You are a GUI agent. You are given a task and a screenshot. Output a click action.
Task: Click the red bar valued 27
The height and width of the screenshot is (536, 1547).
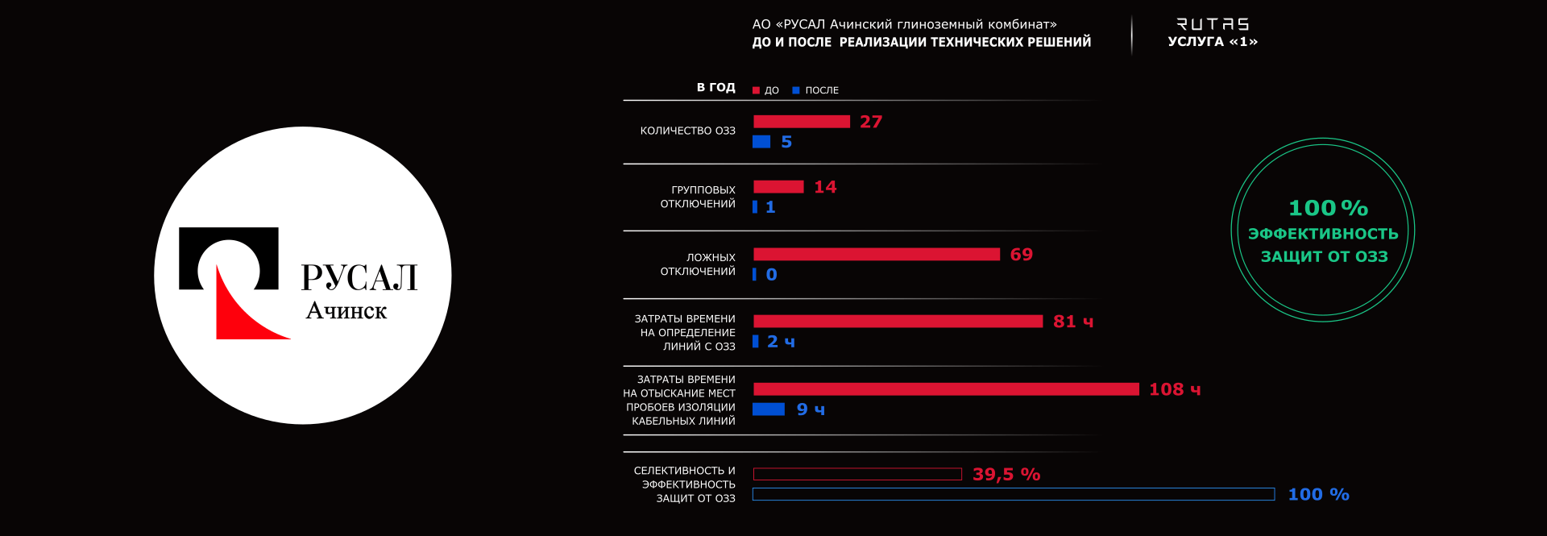(801, 122)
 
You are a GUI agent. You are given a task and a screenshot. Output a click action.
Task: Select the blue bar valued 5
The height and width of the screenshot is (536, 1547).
(761, 142)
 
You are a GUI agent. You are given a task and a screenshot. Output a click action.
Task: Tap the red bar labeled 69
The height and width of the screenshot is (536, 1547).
(877, 255)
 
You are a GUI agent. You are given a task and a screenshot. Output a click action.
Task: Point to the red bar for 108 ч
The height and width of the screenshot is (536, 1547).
(946, 389)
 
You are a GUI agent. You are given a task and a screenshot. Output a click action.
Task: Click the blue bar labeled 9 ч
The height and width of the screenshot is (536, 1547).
(769, 409)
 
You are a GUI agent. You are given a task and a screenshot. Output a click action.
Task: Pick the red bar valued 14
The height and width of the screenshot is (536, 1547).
(778, 187)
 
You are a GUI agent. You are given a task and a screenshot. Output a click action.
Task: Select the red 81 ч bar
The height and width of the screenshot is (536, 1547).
(898, 322)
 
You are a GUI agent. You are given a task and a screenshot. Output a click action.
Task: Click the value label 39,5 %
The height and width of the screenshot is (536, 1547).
(1006, 475)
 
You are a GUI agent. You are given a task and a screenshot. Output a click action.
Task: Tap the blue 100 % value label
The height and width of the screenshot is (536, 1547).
(1318, 495)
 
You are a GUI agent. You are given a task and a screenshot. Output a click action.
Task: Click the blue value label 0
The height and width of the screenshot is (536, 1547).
(772, 275)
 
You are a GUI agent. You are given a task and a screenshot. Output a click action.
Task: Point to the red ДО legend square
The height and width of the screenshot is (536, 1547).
(756, 90)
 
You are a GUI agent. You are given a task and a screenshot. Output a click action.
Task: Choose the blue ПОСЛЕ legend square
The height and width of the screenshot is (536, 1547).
(796, 90)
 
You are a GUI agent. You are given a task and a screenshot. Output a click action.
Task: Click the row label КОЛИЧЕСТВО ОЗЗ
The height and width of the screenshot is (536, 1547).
(687, 131)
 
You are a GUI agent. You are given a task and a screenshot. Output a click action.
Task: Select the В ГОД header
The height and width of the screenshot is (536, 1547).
(715, 87)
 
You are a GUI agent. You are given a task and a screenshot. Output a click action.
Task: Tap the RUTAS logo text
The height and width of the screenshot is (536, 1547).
(1213, 24)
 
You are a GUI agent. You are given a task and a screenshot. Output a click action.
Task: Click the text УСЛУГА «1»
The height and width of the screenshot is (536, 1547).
(1213, 42)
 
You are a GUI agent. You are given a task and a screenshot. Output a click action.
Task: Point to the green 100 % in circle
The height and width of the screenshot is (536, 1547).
(1328, 208)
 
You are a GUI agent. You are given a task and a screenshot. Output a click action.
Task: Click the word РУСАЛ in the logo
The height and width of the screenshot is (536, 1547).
(359, 277)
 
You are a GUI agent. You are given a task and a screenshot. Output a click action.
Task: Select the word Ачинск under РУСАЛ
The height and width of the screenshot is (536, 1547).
(346, 311)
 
